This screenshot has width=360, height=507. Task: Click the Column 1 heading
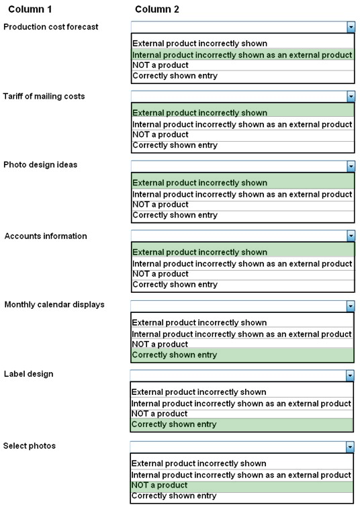[x=30, y=9]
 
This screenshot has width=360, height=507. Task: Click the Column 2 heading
[x=157, y=9]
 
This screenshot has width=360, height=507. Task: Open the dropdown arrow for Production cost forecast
[x=351, y=27]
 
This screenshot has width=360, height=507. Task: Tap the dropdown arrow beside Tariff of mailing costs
[x=351, y=96]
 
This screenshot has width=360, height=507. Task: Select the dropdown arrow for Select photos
[x=350, y=447]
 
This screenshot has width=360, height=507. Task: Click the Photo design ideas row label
[x=40, y=165]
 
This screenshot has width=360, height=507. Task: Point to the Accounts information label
[x=46, y=236]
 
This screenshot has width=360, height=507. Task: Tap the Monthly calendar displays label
[x=54, y=305]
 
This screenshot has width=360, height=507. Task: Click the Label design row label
[x=28, y=374]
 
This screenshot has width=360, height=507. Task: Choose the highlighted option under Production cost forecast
[x=242, y=55]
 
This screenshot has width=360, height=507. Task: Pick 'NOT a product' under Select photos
[x=159, y=485]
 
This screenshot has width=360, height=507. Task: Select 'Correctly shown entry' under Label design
[x=174, y=424]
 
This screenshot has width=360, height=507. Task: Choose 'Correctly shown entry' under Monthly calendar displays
[x=175, y=355]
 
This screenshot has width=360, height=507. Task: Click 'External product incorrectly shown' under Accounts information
[x=200, y=252]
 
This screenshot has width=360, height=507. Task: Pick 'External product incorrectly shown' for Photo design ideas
[x=200, y=183]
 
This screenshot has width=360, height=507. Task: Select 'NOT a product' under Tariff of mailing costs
[x=161, y=134]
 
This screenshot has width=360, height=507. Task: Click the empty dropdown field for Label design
[x=238, y=376]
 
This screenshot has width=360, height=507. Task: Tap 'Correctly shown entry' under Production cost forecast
[x=175, y=76]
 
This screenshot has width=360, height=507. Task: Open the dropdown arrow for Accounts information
[x=351, y=236]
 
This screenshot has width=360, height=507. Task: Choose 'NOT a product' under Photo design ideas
[x=161, y=204]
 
